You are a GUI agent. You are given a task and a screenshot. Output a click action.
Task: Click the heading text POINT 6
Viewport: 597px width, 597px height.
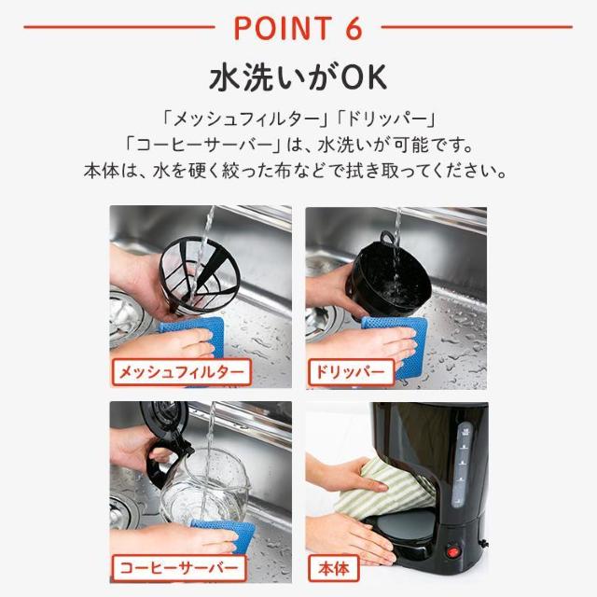pyautogui.click(x=298, y=27)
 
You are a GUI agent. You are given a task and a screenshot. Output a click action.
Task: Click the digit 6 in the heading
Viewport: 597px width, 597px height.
pyautogui.click(x=353, y=27)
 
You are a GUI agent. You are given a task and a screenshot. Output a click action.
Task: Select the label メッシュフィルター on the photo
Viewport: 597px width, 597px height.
pyautogui.click(x=181, y=372)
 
